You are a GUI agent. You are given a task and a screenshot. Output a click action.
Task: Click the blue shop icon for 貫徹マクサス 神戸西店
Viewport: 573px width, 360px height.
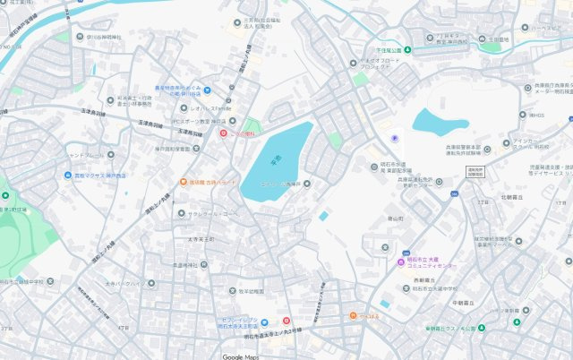68,176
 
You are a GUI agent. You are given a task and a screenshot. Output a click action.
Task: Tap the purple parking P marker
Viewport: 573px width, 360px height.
396,138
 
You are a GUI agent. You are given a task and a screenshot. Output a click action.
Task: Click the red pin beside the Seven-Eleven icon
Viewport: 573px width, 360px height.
286,321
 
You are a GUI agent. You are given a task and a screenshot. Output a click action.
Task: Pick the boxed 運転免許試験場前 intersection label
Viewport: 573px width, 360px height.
475,170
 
